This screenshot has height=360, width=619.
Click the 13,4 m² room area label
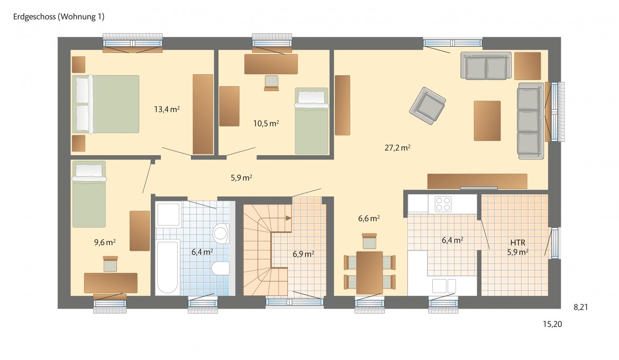point(167,109)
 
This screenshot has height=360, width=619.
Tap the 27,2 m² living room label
point(397,148)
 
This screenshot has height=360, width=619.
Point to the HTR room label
point(517,242)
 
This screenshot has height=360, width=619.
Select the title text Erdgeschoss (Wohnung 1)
point(59,16)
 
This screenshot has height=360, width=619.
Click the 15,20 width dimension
point(552,324)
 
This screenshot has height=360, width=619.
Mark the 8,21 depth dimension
point(581,307)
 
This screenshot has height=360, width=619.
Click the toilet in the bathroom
point(220,268)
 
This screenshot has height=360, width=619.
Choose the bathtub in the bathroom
point(167,267)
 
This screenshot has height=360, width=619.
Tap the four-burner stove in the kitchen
point(442,204)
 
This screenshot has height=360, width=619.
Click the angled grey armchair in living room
point(427,105)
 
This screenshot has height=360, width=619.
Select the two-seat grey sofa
point(486,66)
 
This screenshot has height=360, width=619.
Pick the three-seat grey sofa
point(530,121)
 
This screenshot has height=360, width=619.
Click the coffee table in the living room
point(487,121)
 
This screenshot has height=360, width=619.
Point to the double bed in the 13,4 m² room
point(105,104)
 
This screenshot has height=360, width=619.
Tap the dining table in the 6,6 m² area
point(369,273)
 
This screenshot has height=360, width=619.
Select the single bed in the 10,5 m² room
point(312,121)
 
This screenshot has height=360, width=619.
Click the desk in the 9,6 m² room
point(111,283)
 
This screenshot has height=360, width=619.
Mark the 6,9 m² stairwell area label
point(303,254)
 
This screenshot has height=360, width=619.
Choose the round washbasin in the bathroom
point(221,233)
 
